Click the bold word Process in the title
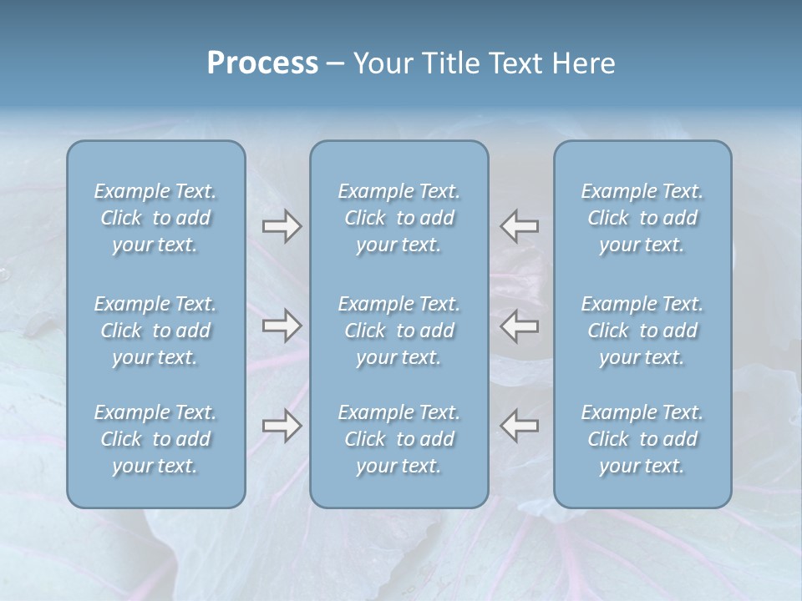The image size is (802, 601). [x=262, y=63]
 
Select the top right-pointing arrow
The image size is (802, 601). [x=282, y=226]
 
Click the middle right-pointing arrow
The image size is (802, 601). [x=282, y=326]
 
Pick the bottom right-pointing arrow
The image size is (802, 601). [x=282, y=426]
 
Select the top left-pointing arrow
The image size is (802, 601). [x=519, y=226]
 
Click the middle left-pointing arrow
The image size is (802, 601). [x=519, y=326]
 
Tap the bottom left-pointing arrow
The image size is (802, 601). [x=519, y=426]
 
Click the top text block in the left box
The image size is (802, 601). [x=155, y=218]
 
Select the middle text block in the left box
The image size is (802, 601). [x=155, y=331]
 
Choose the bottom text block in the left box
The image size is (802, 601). [x=155, y=439]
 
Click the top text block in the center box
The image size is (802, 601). [x=398, y=218]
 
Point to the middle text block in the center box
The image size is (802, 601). [x=398, y=331]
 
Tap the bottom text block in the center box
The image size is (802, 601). [x=398, y=439]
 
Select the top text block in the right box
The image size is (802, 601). [x=642, y=218]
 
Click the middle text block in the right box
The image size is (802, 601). [x=642, y=331]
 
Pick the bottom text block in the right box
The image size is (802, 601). [x=642, y=439]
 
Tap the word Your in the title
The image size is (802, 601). [x=380, y=63]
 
